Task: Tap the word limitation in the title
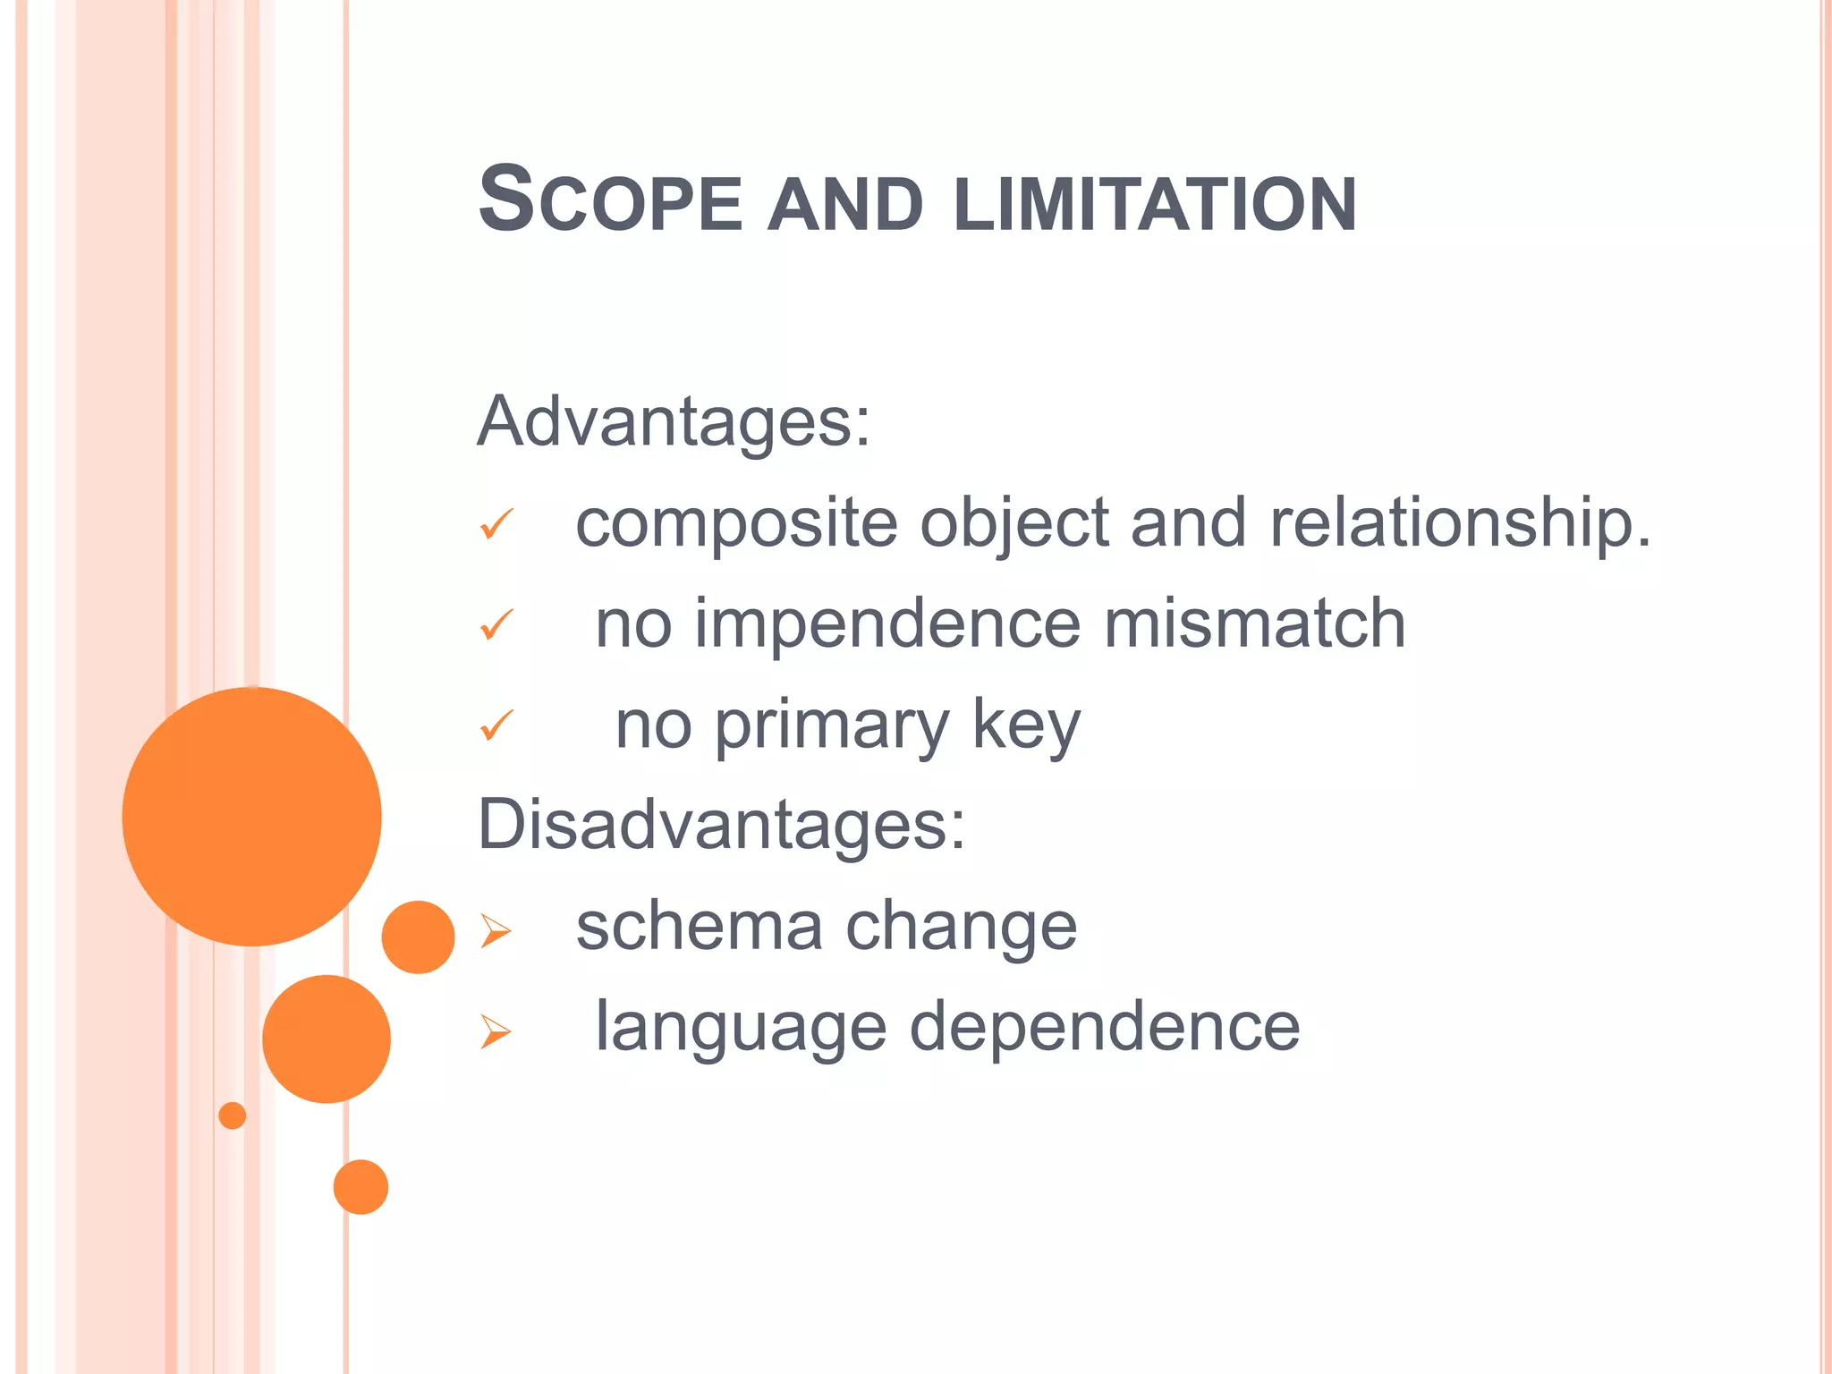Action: point(1155,205)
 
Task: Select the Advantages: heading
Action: point(674,421)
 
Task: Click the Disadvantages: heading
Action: point(722,824)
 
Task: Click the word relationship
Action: point(1459,524)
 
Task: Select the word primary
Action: point(831,726)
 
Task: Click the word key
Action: point(1026,726)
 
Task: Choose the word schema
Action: point(699,927)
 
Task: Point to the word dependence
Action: point(1105,1028)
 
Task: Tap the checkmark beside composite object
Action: point(496,524)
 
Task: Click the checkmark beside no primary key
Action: point(496,725)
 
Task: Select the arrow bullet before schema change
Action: point(495,931)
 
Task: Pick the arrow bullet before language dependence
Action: point(495,1031)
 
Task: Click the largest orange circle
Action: point(252,817)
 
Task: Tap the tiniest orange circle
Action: point(233,1115)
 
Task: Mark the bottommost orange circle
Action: point(360,1187)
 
